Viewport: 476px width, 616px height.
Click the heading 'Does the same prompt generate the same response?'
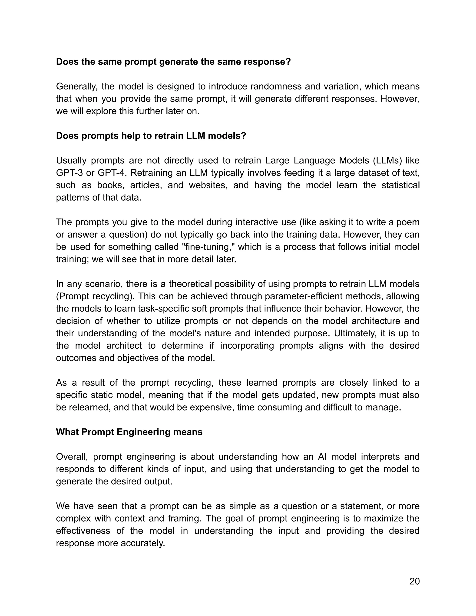coord(173,62)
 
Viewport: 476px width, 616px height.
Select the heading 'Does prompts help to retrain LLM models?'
coord(151,136)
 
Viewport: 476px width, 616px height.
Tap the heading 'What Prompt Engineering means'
coord(129,432)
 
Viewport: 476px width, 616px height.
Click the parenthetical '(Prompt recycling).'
coord(95,296)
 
